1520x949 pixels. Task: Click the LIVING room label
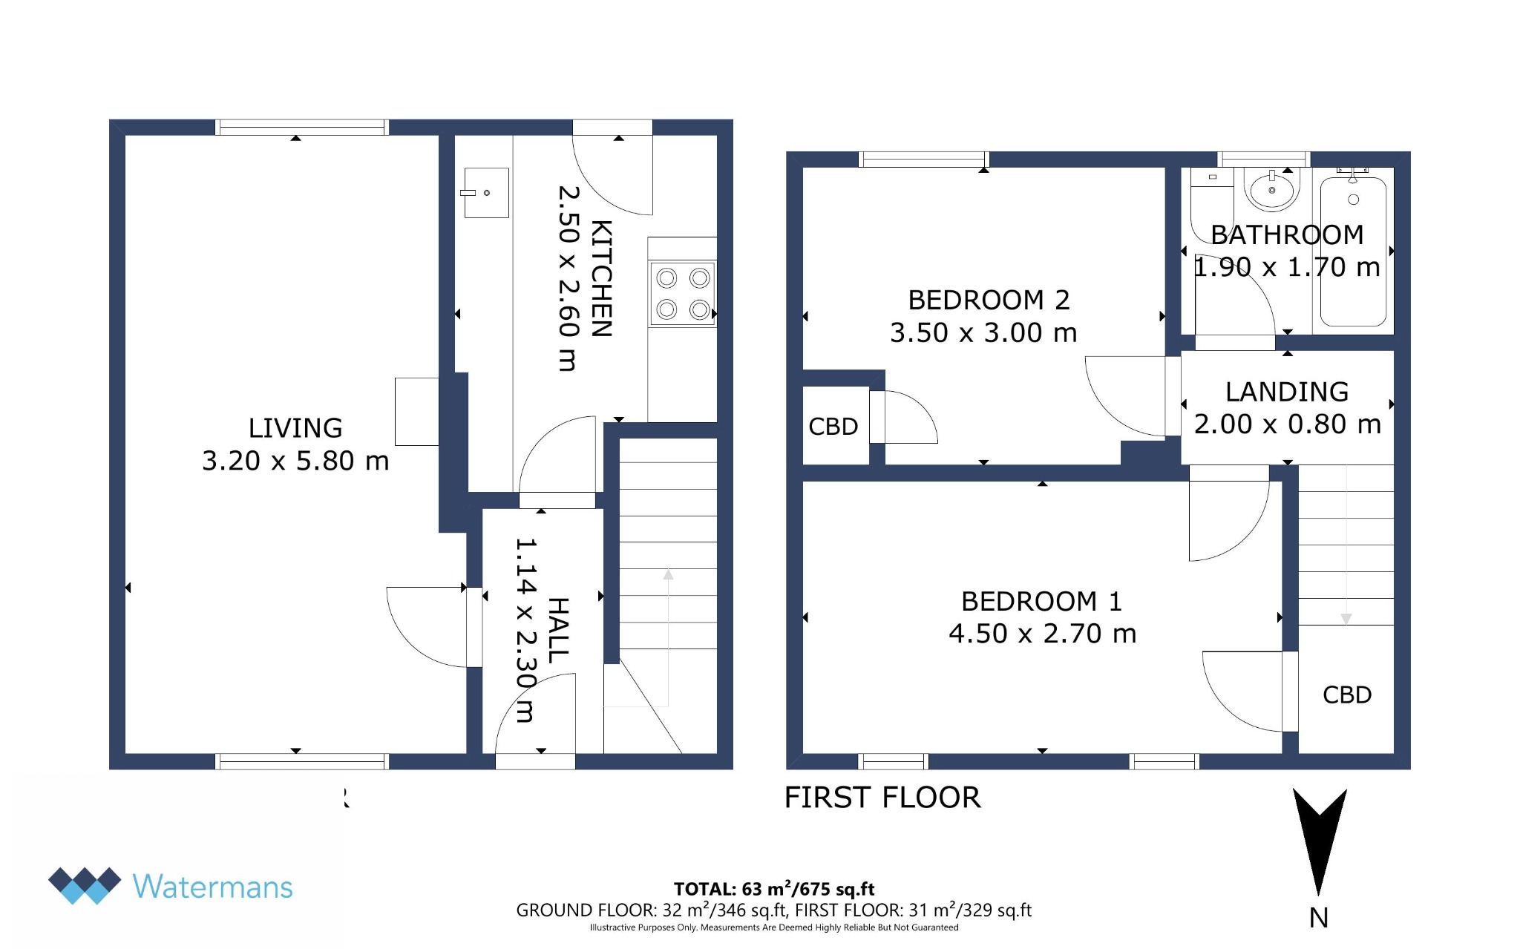click(x=295, y=428)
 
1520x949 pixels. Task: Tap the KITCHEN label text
click(x=602, y=279)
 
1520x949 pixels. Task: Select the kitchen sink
click(x=486, y=193)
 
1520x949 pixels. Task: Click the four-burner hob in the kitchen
click(x=683, y=294)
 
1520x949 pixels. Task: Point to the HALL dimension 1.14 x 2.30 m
click(x=525, y=630)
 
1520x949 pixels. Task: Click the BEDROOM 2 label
click(x=989, y=301)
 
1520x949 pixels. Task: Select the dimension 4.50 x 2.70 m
click(x=1043, y=634)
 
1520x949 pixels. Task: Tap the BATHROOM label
click(x=1287, y=235)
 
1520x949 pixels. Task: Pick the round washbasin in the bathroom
click(x=1272, y=190)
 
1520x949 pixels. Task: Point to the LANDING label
click(x=1287, y=392)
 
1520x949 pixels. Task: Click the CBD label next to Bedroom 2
click(x=833, y=427)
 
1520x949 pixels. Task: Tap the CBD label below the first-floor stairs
click(x=1347, y=695)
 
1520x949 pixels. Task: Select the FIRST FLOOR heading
click(x=882, y=798)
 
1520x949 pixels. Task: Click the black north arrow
click(x=1319, y=835)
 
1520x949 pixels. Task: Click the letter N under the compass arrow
click(x=1319, y=918)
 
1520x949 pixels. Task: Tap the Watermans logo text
click(x=213, y=887)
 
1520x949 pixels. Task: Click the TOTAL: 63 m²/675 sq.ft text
click(x=774, y=889)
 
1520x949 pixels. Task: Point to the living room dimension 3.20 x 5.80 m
click(x=295, y=461)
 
